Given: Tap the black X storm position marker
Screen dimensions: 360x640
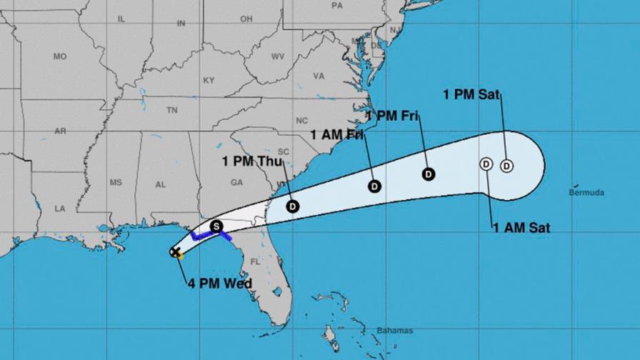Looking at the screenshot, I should tap(175, 251).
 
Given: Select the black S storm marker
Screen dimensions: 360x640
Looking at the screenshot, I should tap(217, 226).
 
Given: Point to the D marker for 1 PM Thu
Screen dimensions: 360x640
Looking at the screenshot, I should tap(293, 206).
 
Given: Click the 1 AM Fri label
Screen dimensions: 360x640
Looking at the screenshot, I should tap(338, 134).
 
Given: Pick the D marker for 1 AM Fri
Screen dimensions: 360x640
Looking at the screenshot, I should tap(374, 186).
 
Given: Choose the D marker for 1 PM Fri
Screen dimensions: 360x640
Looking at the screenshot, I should tap(429, 173).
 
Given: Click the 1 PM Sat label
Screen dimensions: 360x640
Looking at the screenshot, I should tap(471, 94).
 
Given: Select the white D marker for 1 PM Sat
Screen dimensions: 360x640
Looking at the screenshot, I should tap(506, 166).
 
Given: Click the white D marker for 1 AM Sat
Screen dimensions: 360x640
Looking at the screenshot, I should tap(486, 164).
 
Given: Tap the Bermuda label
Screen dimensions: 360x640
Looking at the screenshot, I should tap(586, 192).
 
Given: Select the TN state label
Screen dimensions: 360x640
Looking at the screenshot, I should tap(171, 110).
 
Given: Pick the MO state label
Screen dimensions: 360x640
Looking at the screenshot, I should tap(60, 56).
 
